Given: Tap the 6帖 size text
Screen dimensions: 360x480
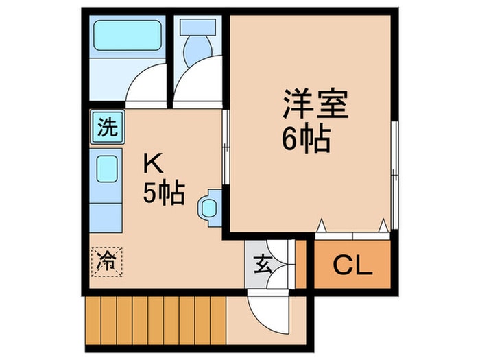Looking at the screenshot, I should click(307, 140).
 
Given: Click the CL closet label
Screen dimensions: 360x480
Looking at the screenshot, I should click(352, 265).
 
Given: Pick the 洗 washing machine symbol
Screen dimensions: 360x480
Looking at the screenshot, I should click(106, 128).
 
